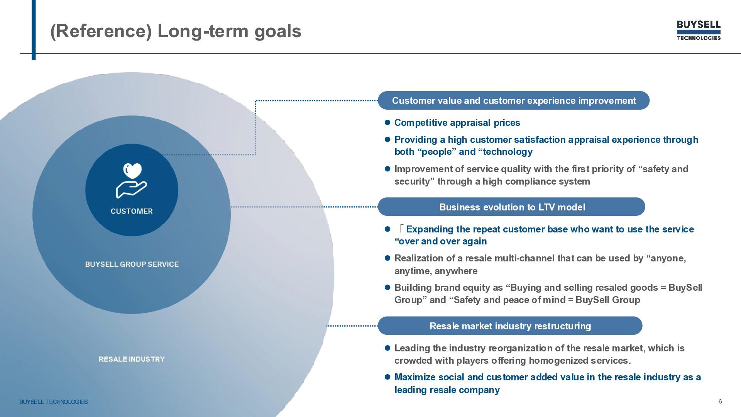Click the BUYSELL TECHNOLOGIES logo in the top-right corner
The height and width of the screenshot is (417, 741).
[x=699, y=31]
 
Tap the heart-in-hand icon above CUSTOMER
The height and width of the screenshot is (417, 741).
[x=132, y=180]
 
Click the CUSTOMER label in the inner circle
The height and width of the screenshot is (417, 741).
[x=132, y=211]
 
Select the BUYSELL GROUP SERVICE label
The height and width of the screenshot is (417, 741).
[x=132, y=264]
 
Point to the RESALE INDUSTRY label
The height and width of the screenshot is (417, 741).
[x=132, y=359]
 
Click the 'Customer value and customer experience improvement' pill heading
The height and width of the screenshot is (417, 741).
[x=513, y=101]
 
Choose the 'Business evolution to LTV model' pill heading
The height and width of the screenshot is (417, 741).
[x=512, y=207]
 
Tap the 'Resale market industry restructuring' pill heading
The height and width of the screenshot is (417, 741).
[x=510, y=326]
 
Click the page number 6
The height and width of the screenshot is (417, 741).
[x=720, y=402]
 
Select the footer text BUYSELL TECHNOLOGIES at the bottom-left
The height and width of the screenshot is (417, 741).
[x=54, y=402]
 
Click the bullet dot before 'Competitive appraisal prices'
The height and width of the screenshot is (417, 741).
[x=388, y=122]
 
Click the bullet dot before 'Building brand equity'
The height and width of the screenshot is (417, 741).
[x=388, y=287]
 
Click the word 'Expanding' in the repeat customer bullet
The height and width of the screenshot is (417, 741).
[x=430, y=229]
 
